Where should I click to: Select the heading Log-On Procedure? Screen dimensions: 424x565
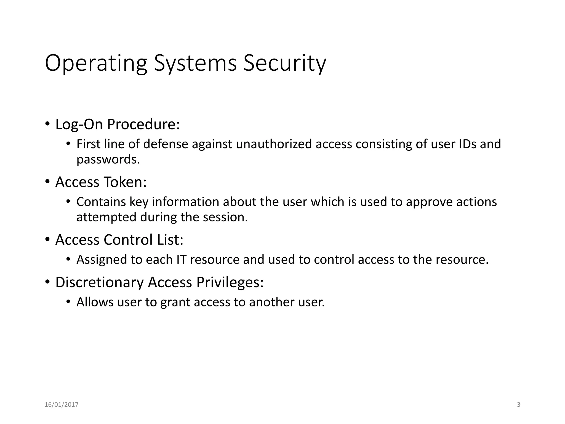[x=118, y=124]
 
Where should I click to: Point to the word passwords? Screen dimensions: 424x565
[x=108, y=159]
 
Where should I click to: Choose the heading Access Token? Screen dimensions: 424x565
[x=101, y=182]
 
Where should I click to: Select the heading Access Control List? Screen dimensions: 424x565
[x=119, y=240]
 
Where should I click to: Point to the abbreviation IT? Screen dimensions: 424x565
[x=181, y=259]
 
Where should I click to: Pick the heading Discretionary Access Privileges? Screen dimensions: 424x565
[x=159, y=282]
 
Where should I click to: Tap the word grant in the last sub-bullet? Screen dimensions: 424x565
[x=175, y=302]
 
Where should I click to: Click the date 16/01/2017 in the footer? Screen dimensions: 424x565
[x=62, y=405]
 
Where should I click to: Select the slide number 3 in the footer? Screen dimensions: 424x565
[x=518, y=405]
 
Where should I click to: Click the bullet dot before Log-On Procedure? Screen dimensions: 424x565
[x=47, y=124]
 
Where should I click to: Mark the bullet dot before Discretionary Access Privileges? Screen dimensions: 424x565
[x=47, y=282]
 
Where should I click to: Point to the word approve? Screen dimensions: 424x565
[x=429, y=202]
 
